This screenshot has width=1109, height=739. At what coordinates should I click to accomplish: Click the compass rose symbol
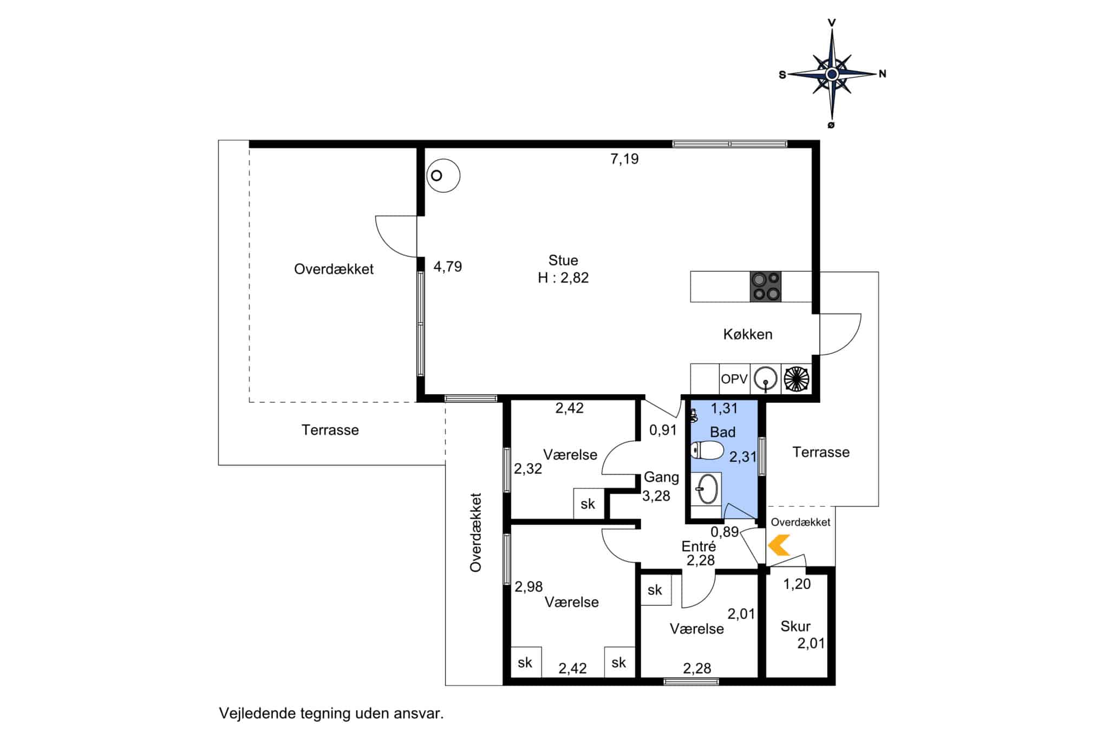832,74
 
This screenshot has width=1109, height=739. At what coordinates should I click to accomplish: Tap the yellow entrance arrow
779,545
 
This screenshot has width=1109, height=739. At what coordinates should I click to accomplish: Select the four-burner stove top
765,286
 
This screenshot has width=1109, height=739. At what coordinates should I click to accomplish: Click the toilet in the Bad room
707,450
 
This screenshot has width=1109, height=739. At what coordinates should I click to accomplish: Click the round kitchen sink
766,378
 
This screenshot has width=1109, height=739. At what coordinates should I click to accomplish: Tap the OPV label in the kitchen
734,379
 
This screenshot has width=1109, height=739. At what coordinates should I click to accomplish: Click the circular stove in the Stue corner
443,175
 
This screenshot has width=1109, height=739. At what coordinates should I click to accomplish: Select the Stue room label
563,260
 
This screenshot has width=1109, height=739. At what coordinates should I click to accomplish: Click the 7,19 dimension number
624,159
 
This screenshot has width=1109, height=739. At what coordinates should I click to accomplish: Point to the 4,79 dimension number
448,266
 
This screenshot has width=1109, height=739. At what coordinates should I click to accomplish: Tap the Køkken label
748,334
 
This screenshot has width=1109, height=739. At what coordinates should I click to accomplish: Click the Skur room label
795,626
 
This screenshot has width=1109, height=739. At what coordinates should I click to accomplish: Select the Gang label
661,478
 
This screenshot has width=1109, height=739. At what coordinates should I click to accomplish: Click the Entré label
699,546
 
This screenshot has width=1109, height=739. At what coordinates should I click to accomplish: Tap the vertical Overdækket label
475,532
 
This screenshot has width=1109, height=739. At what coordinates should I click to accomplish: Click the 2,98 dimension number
529,586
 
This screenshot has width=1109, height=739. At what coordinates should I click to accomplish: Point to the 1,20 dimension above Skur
797,584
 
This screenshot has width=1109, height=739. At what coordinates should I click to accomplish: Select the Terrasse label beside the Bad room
821,452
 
